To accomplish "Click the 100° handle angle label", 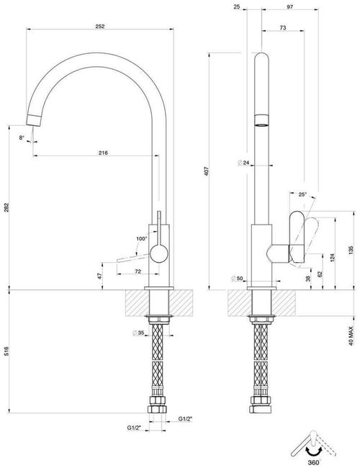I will tap(141, 238).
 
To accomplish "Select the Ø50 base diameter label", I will tap(235, 279).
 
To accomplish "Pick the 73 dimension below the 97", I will tap(283, 27).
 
